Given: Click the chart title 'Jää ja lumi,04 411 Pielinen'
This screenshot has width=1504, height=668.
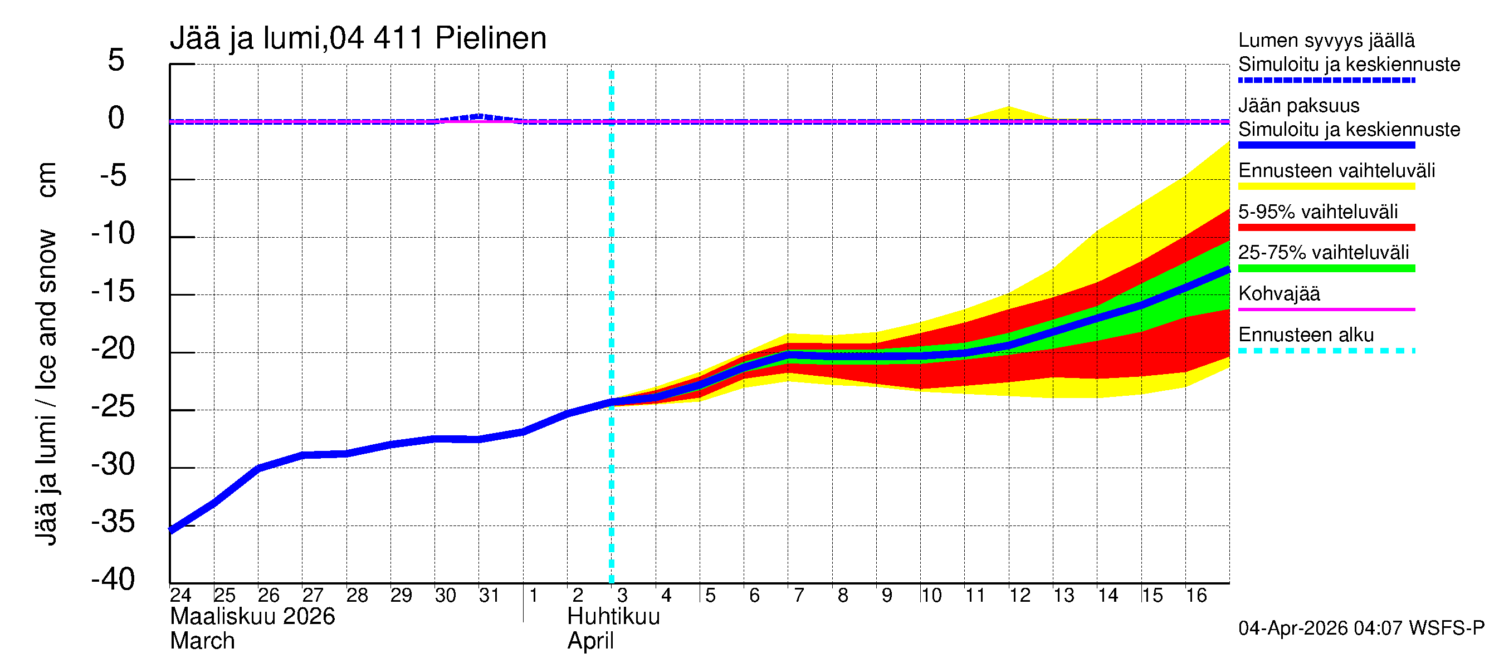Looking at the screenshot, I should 358,38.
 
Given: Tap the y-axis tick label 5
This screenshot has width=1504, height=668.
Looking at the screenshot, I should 116,60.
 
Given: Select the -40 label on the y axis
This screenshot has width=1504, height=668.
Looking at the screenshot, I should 113,579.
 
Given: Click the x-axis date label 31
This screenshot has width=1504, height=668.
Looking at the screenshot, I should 489,596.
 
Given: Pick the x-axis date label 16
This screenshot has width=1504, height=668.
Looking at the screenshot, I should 1196,596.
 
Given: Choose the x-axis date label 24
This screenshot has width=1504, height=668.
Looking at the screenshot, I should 180,596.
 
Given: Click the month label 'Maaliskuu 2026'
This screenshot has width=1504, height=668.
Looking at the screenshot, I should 252,617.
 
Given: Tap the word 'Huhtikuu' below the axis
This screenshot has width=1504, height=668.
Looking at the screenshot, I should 613,617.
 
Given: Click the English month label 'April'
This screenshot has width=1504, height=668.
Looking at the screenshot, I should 590,641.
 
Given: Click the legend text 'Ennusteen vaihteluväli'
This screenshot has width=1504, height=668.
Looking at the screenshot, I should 1336,171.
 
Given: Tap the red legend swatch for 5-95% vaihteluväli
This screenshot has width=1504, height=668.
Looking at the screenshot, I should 1326,228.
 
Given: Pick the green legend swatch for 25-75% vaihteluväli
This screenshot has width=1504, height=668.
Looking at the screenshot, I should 1326,268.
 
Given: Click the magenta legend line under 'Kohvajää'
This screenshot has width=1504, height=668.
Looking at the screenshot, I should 1326,309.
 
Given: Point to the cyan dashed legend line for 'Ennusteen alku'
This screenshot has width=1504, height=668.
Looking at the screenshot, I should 1326,351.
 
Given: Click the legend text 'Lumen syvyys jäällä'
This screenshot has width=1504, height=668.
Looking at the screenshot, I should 1326,41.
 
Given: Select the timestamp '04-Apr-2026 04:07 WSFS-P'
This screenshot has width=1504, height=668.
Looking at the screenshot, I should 1361,628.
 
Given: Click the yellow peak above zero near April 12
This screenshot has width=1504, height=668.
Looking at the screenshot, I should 1008,111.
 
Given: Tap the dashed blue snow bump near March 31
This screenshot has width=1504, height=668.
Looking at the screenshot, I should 478,116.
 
